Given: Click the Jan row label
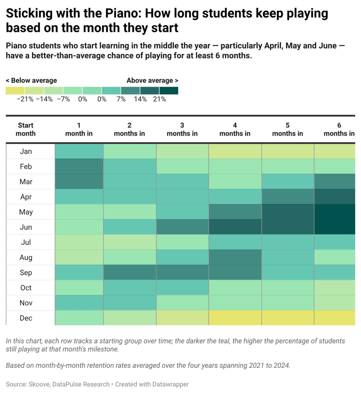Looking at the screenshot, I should (x=26, y=152).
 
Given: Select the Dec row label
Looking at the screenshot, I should (x=26, y=318).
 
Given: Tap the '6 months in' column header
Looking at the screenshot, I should (x=339, y=129).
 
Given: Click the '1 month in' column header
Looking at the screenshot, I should (x=79, y=129).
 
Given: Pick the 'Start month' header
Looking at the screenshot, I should (x=26, y=129).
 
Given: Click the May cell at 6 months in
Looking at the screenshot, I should (x=335, y=212).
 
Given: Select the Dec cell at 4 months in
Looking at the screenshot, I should (x=235, y=318).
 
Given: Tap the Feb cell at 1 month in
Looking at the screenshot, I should (x=79, y=167).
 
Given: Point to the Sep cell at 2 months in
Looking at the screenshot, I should (x=130, y=273).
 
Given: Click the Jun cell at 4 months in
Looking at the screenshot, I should (x=235, y=227).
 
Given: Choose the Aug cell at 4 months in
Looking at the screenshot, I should (x=235, y=257).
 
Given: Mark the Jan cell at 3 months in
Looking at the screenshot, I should (x=182, y=152).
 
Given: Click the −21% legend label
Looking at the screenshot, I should (x=25, y=99).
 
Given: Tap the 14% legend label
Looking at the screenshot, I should (x=140, y=99).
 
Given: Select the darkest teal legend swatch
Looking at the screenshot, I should (x=169, y=91).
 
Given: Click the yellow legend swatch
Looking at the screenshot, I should (x=15, y=91).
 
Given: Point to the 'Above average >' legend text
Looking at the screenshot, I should (x=152, y=81).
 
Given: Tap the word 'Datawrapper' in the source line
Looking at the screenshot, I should (x=170, y=384).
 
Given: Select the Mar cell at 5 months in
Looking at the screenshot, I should (x=288, y=182).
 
